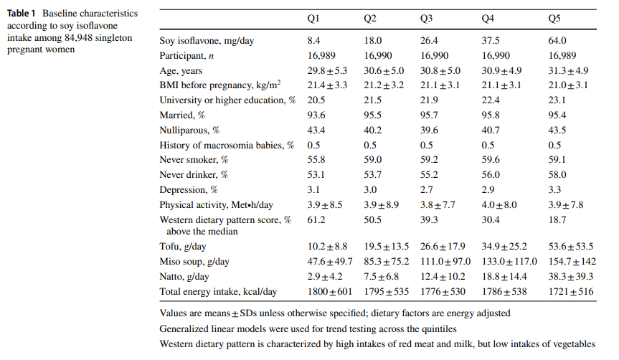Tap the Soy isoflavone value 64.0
(x=557, y=40)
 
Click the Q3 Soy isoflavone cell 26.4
(x=429, y=40)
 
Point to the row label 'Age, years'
(x=181, y=70)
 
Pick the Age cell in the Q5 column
(x=569, y=70)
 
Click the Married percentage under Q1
(x=316, y=115)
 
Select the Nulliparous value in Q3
(x=429, y=131)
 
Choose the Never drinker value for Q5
(x=557, y=175)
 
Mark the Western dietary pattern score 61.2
(x=316, y=220)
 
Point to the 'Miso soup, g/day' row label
(x=192, y=262)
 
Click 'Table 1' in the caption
(x=22, y=14)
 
